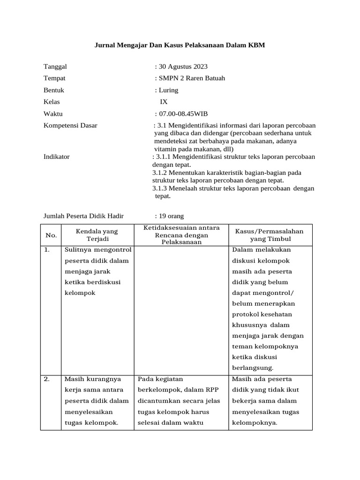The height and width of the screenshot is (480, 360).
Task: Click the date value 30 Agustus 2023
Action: point(183,67)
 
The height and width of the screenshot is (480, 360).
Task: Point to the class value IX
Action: point(164,102)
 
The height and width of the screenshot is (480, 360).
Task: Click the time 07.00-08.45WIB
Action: point(183,114)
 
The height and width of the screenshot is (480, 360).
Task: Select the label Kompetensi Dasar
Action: point(70,126)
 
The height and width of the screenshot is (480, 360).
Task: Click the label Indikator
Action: point(56,157)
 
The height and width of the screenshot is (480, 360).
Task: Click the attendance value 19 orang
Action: point(171,216)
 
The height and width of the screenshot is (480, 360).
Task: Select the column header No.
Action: point(50,235)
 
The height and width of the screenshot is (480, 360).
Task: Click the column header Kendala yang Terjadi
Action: point(97,235)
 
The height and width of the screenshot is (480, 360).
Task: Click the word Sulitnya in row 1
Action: point(78,250)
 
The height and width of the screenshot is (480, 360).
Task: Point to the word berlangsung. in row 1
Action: point(253,368)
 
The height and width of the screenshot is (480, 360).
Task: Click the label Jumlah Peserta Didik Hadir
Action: point(83,216)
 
